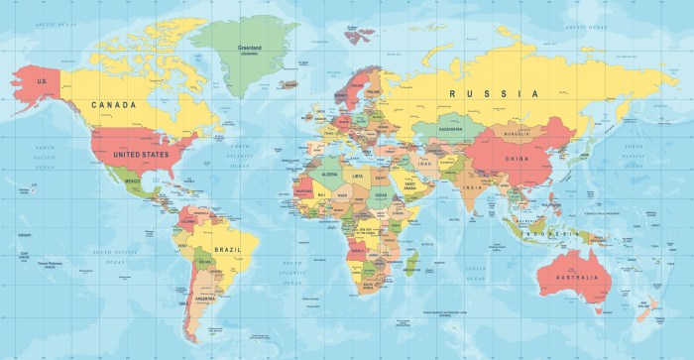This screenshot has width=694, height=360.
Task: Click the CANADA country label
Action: point(113,103)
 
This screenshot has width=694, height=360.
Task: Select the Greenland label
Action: point(249,45)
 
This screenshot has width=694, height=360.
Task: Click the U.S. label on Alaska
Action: point(43,81)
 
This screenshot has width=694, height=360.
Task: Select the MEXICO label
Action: point(133,182)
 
